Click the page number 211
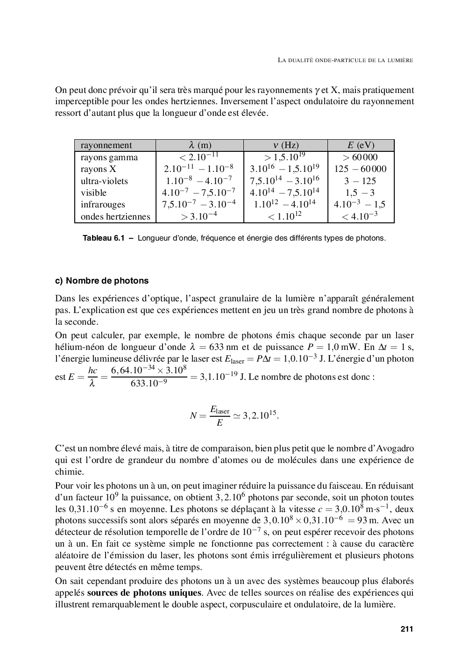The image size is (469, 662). [406, 629]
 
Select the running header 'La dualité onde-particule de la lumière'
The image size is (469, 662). [345, 60]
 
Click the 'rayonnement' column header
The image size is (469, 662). [106, 145]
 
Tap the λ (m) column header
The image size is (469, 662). [199, 145]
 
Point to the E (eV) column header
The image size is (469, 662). [361, 145]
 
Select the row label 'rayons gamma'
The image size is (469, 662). [109, 157]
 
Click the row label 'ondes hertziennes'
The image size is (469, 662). [115, 216]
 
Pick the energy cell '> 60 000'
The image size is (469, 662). [360, 157]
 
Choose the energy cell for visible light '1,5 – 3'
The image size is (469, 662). [360, 192]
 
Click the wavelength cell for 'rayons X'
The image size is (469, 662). [199, 169]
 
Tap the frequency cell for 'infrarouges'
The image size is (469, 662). [285, 204]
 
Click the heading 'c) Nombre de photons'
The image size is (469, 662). [102, 281]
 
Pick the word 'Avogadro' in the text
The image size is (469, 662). [395, 448]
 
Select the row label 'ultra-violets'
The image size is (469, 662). [104, 181]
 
